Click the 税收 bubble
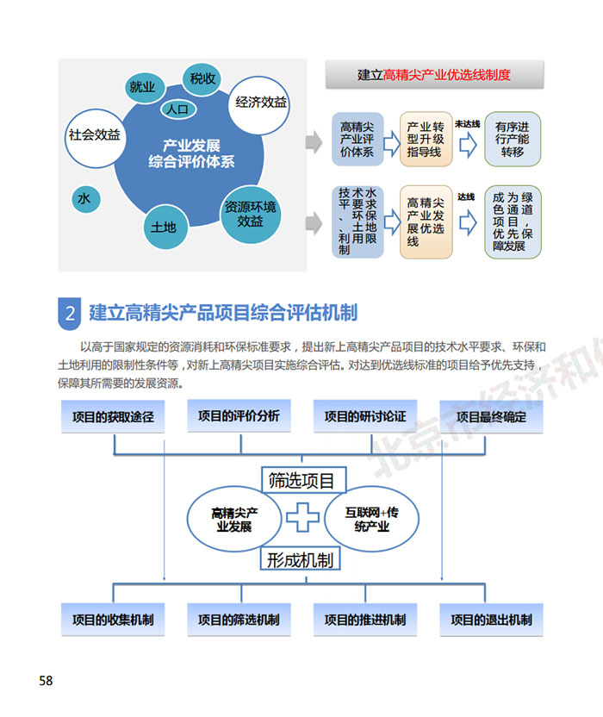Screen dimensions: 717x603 coord(202,79)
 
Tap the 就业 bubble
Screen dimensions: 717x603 coord(142,86)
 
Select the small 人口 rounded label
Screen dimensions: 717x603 coord(177,109)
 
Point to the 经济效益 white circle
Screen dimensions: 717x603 coord(260,103)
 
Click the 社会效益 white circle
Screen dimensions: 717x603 coord(95,135)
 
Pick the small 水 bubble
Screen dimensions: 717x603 coord(84,199)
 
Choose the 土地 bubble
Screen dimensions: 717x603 coord(164,227)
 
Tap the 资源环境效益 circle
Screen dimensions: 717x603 coord(251,214)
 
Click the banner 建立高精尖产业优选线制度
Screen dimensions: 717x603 coord(434,75)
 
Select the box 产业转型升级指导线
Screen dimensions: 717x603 coord(426,139)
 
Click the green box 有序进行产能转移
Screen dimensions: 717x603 coord(513,139)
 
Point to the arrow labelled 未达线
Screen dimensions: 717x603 coord(468,143)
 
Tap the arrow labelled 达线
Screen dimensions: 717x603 coord(468,221)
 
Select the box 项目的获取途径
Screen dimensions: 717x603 coord(112,417)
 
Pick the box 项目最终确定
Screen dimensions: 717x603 coord(492,417)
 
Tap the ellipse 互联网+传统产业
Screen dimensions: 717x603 coord(370,519)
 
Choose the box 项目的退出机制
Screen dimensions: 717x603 coord(492,620)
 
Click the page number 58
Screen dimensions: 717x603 coord(46,681)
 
